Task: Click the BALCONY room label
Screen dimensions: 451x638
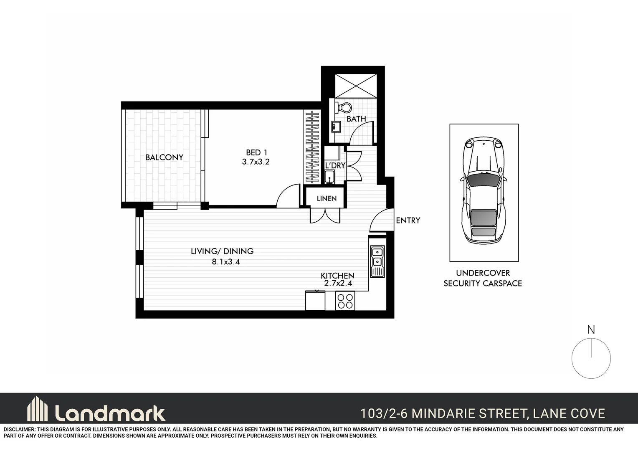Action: coord(164,157)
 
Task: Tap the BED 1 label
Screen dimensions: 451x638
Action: coord(256,153)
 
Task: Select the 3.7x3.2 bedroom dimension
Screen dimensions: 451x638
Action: coord(256,162)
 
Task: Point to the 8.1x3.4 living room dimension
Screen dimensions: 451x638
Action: coord(225,262)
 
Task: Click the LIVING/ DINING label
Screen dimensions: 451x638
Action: coord(222,251)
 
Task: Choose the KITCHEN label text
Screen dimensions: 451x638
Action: coord(337,276)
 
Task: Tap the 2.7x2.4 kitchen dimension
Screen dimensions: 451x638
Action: coord(338,283)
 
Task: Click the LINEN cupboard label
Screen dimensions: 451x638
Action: coord(327,199)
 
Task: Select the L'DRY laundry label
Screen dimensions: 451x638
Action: coord(335,165)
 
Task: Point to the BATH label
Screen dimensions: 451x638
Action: coord(356,119)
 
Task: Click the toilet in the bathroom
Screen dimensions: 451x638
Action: coord(344,108)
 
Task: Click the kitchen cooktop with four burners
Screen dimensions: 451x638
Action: coord(345,301)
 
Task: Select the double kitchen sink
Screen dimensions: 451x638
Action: coord(377,261)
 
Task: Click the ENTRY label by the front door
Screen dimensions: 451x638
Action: coord(408,220)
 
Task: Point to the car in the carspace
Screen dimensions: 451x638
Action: coord(484,190)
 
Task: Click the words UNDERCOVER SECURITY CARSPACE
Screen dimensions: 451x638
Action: coord(483,278)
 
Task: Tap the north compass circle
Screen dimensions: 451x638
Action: coord(591,359)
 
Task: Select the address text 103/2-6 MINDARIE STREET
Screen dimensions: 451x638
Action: coord(443,413)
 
